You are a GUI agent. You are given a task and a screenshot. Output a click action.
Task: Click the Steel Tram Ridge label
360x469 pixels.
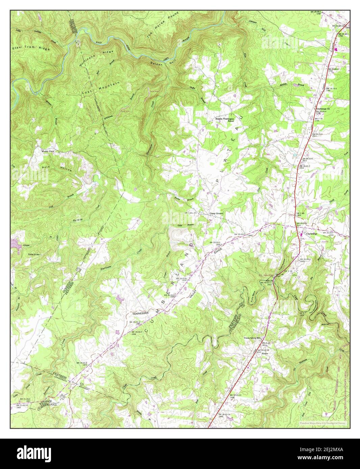pyautogui.click(x=31, y=48)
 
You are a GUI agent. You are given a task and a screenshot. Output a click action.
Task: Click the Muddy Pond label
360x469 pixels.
pyautogui.click(x=48, y=151)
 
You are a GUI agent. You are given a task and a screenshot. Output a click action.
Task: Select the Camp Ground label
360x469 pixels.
pyautogui.click(x=216, y=214)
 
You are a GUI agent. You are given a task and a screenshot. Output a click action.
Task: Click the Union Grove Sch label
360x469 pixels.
pyautogui.click(x=253, y=337)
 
